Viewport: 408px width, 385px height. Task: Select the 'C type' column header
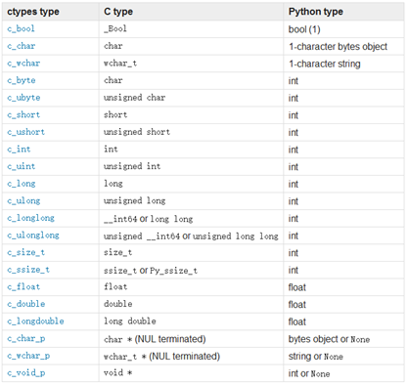click(x=119, y=11)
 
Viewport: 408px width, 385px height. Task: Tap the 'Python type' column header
click(x=315, y=11)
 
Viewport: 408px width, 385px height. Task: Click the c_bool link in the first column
click(x=22, y=28)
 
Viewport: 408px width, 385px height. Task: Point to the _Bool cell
click(x=115, y=28)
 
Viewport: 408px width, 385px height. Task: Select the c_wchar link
click(x=23, y=64)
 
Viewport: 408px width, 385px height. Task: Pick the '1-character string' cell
click(x=325, y=64)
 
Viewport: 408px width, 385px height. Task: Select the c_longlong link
click(x=30, y=219)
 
